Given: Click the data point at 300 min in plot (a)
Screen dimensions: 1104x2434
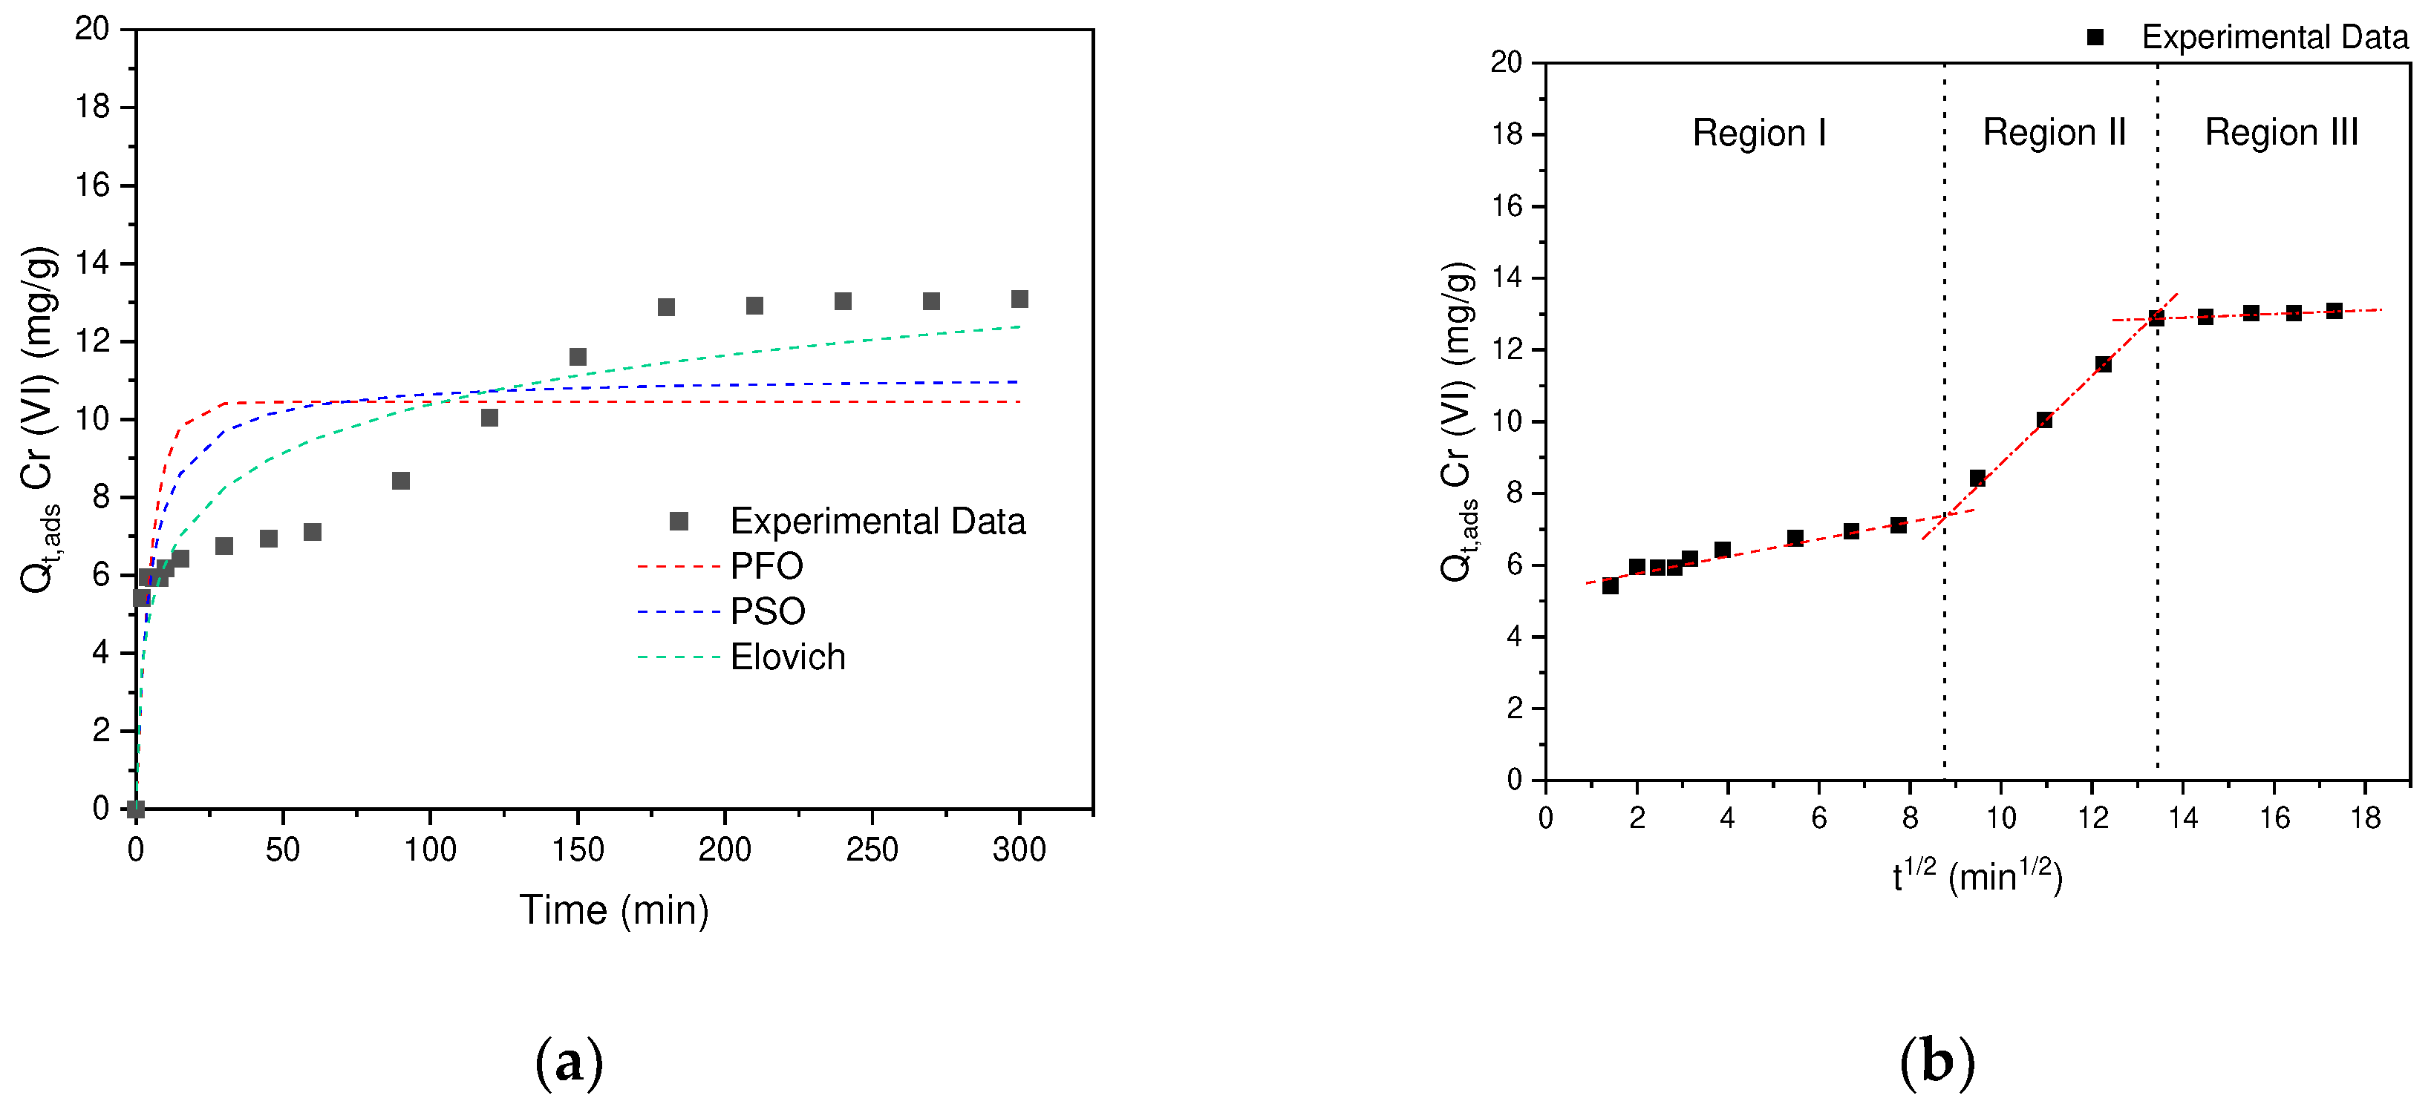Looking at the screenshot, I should point(1019,300).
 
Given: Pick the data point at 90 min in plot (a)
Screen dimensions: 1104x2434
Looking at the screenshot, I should point(401,482).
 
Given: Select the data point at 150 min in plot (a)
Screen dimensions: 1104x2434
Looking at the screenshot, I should point(578,357).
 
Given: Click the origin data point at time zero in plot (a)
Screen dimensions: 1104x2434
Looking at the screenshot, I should point(136,809).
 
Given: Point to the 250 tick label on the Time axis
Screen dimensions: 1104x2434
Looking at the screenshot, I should point(871,850).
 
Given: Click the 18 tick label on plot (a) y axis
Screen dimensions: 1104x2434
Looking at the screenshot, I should point(93,107).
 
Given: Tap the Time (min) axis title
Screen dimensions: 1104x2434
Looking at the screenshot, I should point(614,910).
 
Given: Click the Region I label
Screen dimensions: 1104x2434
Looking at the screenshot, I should point(1758,133).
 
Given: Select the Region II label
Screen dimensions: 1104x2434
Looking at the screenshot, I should point(2053,133).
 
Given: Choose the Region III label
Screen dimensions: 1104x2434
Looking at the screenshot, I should point(2281,133).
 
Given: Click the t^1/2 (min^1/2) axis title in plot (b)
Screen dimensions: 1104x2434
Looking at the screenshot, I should point(1977,876).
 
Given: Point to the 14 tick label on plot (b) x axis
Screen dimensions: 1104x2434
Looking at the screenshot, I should point(2183,818).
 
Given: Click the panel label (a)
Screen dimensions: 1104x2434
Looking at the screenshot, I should point(569,1062).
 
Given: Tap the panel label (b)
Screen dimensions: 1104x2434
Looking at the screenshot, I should point(1937,1062).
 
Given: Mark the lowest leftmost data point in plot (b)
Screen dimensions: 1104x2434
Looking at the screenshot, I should point(1610,586).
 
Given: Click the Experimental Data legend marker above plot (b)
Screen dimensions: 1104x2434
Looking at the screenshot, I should point(2095,38).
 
